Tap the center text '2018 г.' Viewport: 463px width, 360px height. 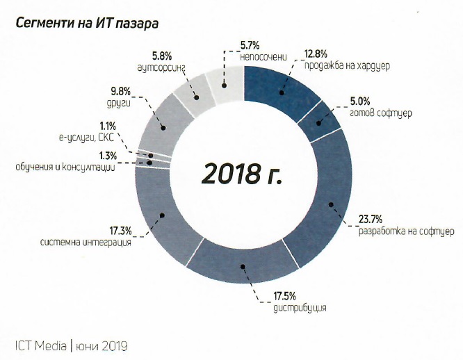[243, 174]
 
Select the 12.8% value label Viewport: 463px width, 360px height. [317, 53]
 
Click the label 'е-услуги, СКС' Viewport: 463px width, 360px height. [90, 139]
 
